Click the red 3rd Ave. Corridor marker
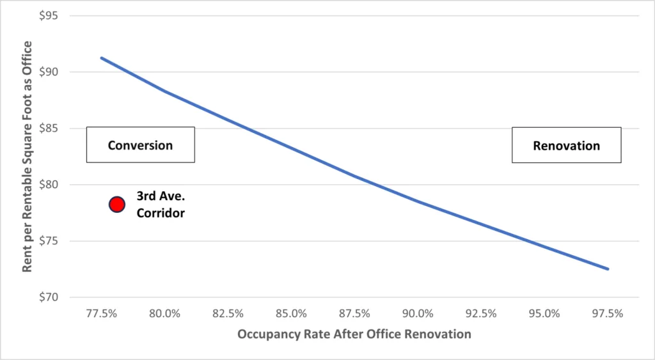point(116,204)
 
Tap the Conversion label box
point(140,145)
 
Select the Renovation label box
point(566,146)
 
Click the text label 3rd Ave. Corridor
point(160,205)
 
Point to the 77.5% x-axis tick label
point(101,313)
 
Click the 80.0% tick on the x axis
point(164,313)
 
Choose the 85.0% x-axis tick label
point(291,313)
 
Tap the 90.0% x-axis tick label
point(418,313)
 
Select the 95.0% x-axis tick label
point(544,313)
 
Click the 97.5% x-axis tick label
point(608,313)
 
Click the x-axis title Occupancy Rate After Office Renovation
point(354,334)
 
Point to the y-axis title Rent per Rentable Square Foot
point(27,156)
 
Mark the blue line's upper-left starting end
point(102,58)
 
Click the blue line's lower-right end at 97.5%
point(608,269)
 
